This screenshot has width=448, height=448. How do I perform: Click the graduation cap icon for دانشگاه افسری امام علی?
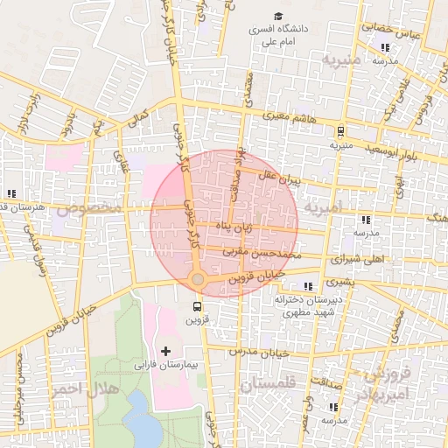pos(278,16)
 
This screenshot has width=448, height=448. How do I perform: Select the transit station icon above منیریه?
pos(339,131)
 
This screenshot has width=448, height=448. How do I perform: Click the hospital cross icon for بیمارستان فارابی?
pos(165,350)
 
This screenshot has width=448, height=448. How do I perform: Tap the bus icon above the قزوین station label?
pos(196,306)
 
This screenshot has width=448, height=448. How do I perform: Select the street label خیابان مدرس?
pos(258,350)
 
